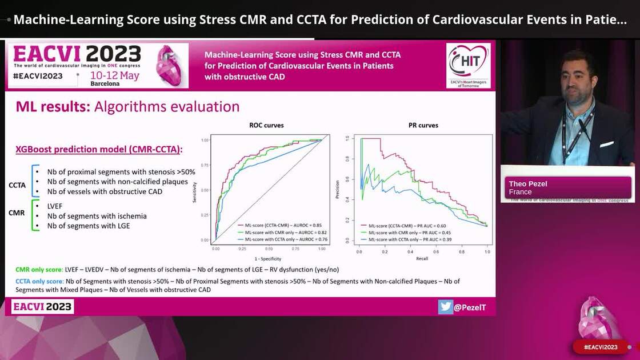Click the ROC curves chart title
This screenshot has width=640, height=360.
pyautogui.click(x=266, y=125)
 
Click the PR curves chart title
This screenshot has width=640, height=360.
pyautogui.click(x=421, y=125)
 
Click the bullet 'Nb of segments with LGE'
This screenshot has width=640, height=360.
pyautogui.click(x=89, y=226)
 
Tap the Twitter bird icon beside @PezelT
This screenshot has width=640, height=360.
pyautogui.click(x=446, y=307)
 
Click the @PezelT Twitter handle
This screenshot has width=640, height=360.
pyautogui.click(x=470, y=307)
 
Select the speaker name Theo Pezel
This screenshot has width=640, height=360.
pyautogui.click(x=529, y=183)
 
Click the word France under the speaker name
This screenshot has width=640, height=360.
pyautogui.click(x=520, y=192)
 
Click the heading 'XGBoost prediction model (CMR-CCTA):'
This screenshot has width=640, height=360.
pyautogui.click(x=99, y=149)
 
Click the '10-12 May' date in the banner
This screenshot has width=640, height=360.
pyautogui.click(x=114, y=75)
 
